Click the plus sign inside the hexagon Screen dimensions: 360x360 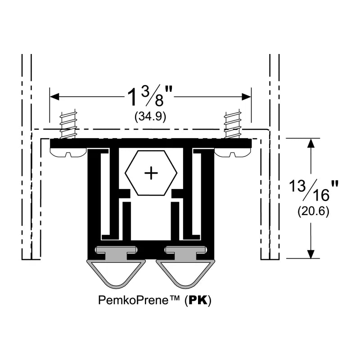(x=151, y=173)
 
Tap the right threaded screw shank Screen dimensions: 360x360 (x=233, y=126)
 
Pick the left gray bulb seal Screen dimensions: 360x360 (x=116, y=274)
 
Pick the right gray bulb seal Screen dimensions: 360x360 (x=182, y=274)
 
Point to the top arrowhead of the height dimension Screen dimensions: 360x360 (x=310, y=144)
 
